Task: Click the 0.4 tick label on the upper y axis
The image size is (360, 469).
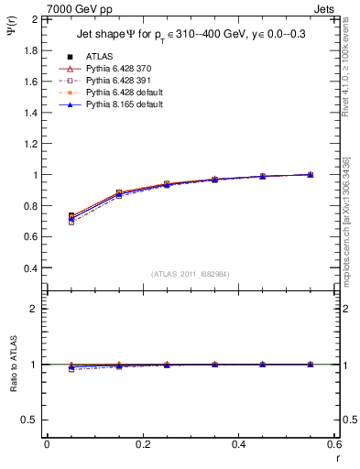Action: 30,268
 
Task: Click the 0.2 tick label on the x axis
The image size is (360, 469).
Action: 143,443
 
